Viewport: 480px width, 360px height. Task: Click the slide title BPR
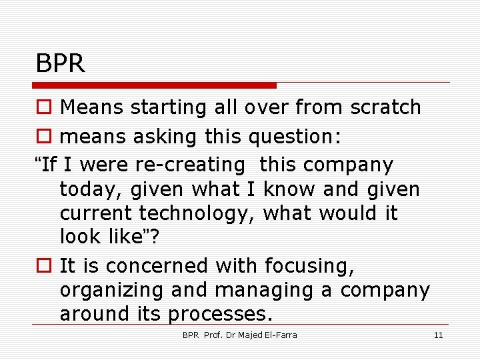[x=61, y=64]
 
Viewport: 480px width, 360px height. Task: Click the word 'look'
[x=81, y=237]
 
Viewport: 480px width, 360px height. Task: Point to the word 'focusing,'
[x=309, y=266]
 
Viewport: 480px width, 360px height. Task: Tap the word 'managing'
[x=251, y=291]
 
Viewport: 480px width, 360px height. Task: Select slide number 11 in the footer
[x=438, y=335]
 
